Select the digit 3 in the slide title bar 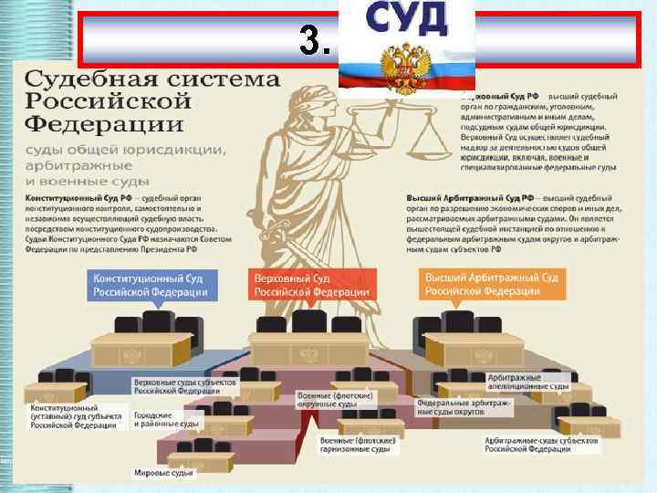(313, 40)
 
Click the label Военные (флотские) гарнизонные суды (355, 445)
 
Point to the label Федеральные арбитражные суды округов (465, 406)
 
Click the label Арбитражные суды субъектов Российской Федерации (541, 444)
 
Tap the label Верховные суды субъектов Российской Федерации (182, 384)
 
